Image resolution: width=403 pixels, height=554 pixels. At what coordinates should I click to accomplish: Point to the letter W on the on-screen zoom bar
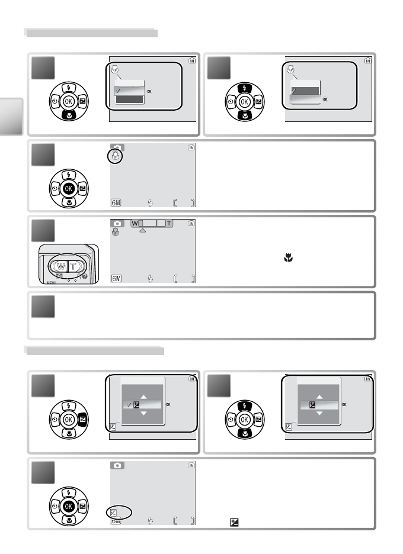tap(135, 223)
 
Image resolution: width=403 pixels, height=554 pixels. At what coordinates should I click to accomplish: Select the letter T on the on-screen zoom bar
tap(170, 223)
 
